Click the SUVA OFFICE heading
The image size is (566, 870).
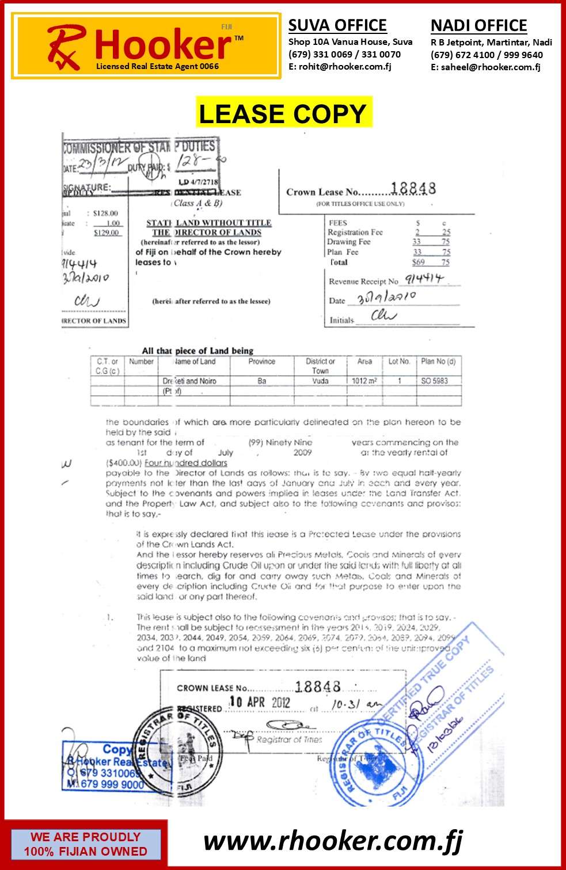click(337, 25)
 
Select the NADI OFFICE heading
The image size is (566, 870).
click(478, 26)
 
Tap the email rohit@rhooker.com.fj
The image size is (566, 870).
click(345, 67)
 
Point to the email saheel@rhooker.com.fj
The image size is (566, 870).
click(491, 67)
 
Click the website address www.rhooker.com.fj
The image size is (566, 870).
click(333, 841)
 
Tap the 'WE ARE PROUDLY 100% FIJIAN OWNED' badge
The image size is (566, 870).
click(85, 844)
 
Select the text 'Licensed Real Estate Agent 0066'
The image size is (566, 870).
click(157, 66)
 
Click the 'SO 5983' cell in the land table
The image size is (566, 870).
click(434, 381)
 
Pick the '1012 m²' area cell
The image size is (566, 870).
click(364, 381)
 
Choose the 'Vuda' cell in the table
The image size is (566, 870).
click(320, 381)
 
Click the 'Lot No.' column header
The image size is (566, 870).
click(399, 362)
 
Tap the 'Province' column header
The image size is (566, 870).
click(261, 362)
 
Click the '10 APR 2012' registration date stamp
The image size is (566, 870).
click(260, 702)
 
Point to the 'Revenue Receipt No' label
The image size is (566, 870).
click(363, 281)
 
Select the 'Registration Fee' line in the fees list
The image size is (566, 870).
click(355, 232)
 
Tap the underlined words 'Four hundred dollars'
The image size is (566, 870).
click(186, 463)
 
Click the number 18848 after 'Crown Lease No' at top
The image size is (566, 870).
click(413, 189)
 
